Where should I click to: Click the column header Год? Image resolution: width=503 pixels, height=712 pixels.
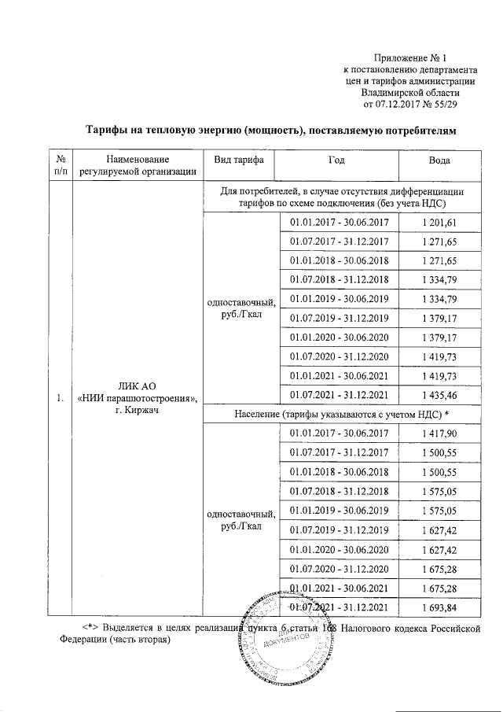coord(337,160)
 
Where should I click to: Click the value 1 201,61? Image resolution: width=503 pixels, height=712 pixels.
coord(439,223)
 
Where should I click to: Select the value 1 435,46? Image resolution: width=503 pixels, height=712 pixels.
coord(439,393)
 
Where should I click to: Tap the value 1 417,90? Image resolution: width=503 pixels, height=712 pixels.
coord(439,433)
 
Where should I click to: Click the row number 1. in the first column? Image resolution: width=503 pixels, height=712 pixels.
coord(60,399)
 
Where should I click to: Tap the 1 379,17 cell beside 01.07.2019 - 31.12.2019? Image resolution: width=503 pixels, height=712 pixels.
coord(439,318)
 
